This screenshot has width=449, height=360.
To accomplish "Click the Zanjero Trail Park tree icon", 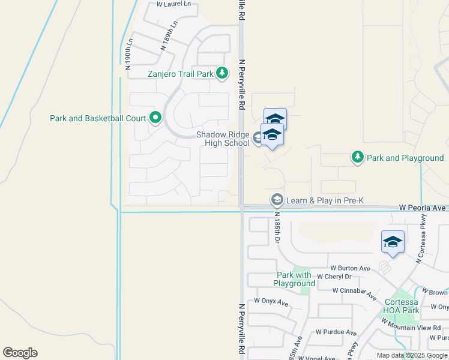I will coord(223,73).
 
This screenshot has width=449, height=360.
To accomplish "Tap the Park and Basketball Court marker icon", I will coord(155,118).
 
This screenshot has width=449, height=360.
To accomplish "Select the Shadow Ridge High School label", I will coord(223,139).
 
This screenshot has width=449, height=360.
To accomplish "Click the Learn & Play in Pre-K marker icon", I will coord(277,199).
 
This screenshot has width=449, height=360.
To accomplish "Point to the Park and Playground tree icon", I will coord(358,157).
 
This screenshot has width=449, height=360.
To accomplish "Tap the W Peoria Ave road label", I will coord(423,207).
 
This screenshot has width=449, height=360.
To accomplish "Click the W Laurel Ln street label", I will coord(173,4).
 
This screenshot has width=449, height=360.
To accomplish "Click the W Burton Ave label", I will coord(350,268).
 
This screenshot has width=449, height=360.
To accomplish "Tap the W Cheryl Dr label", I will coord(333,277).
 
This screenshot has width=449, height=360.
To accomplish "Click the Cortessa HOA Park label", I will coord(401,306).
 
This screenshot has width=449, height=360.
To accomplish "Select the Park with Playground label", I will coord(294,279).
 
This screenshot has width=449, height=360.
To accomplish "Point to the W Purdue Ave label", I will coord(336,332).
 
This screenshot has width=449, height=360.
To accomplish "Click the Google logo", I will coord(20,353).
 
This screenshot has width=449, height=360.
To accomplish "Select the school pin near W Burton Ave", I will coord(393,243).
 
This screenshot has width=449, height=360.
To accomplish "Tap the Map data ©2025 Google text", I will coord(412,355).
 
